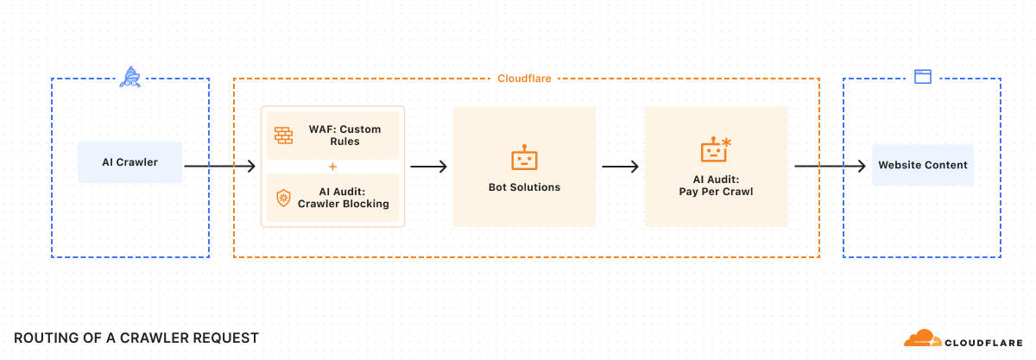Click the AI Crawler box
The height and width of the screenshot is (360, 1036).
point(129,162)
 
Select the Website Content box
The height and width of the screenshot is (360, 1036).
point(922,165)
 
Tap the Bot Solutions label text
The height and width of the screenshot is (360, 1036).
point(524,187)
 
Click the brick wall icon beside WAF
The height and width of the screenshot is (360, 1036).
point(283,136)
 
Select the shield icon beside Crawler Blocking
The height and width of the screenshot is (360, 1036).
point(283,198)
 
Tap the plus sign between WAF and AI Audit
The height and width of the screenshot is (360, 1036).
point(332,167)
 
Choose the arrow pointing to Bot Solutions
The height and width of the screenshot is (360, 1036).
point(428,167)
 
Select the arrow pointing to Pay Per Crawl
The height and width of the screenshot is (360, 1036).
point(620,167)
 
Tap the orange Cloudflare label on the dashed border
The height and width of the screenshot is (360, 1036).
point(524,79)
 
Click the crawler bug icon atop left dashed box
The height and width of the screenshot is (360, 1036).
point(129,77)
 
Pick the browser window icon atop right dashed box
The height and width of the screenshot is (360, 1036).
point(922,77)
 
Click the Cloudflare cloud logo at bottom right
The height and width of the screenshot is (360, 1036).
point(924,338)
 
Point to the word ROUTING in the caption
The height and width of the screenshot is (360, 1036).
point(44,338)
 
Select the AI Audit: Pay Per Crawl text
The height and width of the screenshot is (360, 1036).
point(715,186)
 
